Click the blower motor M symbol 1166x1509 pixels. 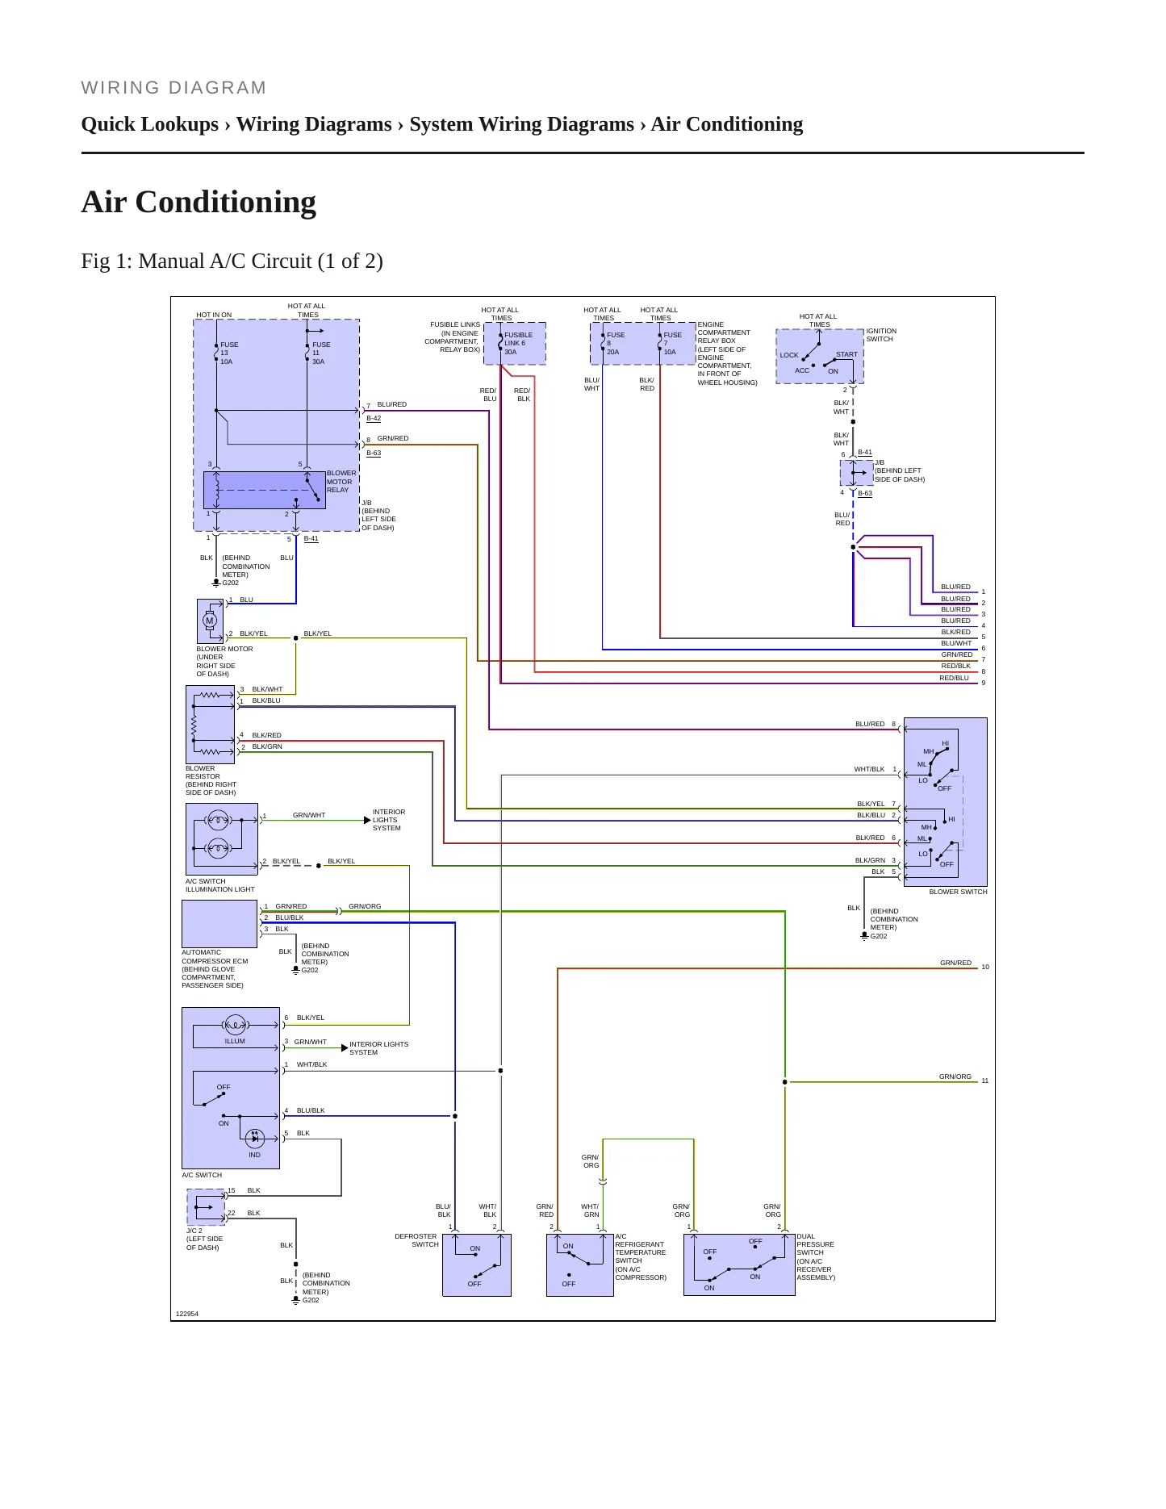click(210, 621)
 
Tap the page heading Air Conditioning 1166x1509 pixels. click(199, 202)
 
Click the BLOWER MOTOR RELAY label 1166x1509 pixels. click(341, 482)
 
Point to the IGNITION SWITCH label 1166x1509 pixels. click(881, 335)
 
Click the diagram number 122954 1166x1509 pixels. click(187, 1314)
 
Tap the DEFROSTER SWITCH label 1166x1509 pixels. click(416, 1240)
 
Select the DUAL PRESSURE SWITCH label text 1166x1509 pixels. click(816, 1257)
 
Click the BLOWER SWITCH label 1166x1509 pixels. click(958, 892)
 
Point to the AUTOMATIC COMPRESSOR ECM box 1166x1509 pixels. click(219, 924)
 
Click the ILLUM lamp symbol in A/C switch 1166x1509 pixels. click(235, 1025)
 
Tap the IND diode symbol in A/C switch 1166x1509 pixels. click(255, 1138)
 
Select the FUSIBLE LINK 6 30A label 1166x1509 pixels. click(518, 344)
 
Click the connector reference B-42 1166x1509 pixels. click(374, 419)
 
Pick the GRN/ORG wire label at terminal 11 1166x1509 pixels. click(955, 1076)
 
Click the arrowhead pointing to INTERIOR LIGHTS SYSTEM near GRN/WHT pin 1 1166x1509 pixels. click(367, 821)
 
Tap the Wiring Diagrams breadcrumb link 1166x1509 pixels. click(314, 124)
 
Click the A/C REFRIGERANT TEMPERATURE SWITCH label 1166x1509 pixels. click(641, 1257)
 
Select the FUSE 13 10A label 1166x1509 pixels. click(229, 353)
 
